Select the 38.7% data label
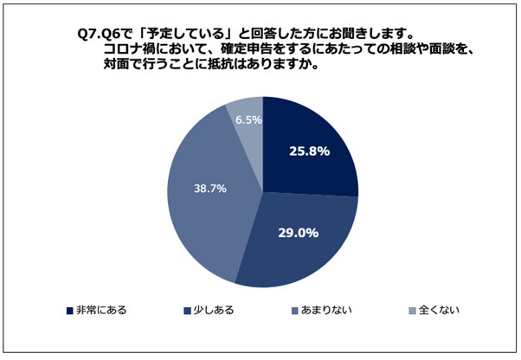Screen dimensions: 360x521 click(x=209, y=187)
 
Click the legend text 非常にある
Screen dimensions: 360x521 click(x=101, y=309)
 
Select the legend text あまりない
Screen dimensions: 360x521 click(x=326, y=309)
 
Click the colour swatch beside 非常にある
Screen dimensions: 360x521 click(x=69, y=310)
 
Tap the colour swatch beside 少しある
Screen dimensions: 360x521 click(x=187, y=310)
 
